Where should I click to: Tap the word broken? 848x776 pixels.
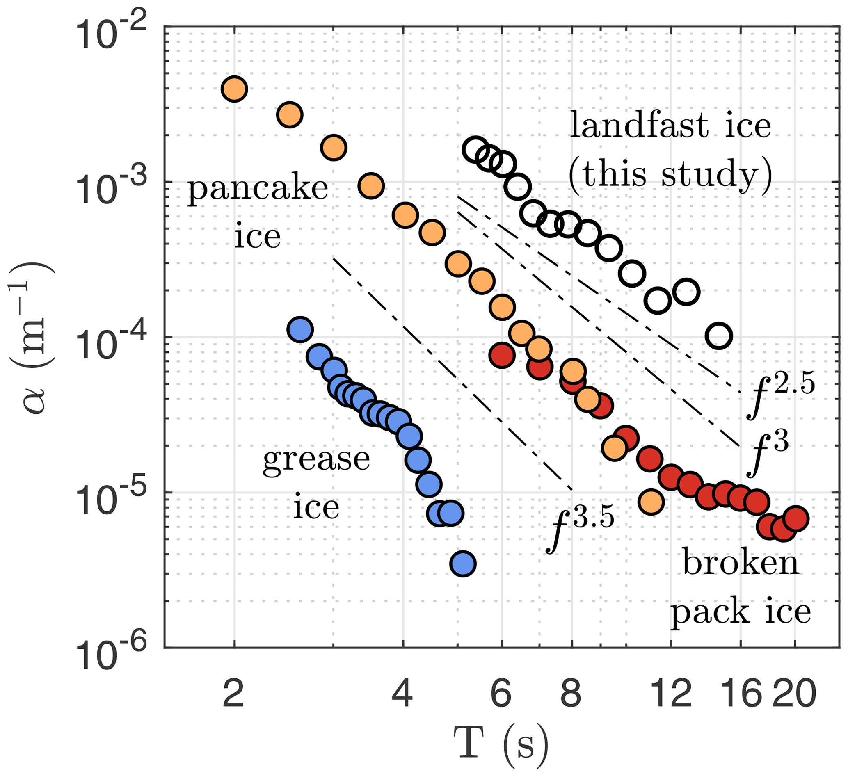pos(741,564)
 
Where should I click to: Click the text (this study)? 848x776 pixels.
pos(670,175)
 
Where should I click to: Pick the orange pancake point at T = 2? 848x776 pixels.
pos(234,89)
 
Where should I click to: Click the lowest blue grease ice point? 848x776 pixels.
pos(463,564)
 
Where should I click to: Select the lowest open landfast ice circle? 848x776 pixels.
pos(719,336)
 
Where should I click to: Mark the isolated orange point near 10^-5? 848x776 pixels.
pos(651,502)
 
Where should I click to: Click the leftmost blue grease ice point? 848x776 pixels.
pos(300,329)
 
